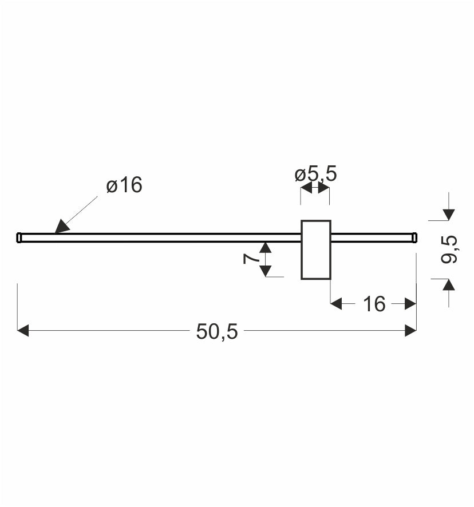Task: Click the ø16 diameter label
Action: pos(124,185)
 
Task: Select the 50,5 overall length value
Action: pos(217,331)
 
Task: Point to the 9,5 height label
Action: pos(449,249)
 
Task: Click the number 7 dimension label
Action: pos(251,259)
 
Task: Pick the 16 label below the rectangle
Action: pos(374,304)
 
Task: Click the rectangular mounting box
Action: pos(316,249)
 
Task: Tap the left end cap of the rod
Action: pos(19,237)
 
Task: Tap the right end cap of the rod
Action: pos(414,237)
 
